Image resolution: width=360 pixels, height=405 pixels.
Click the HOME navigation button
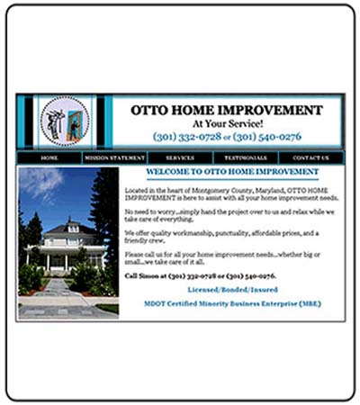(x=49, y=157)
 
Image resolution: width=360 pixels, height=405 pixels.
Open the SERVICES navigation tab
(x=180, y=157)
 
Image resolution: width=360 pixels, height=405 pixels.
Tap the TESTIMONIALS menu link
(x=247, y=157)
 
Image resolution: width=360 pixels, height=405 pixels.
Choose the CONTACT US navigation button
(x=310, y=157)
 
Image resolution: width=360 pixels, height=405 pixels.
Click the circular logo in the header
(x=66, y=121)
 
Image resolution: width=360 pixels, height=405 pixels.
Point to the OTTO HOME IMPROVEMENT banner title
(x=227, y=111)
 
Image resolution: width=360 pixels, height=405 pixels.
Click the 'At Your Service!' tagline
(x=228, y=123)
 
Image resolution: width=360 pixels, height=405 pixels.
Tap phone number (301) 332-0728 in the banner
(x=186, y=137)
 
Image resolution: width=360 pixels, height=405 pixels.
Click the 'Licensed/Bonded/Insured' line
(x=232, y=290)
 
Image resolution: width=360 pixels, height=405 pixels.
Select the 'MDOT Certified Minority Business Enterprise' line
(x=232, y=303)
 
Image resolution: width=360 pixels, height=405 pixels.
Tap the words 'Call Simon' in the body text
(x=144, y=275)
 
